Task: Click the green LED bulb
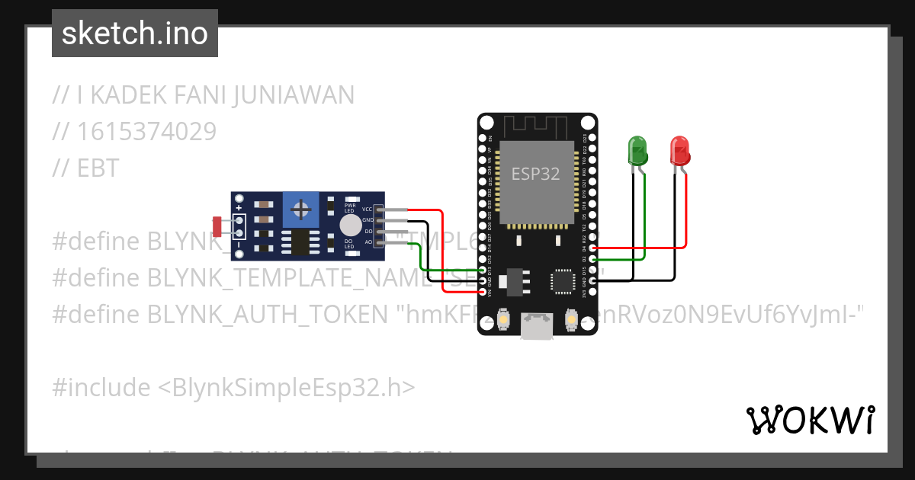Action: click(x=637, y=150)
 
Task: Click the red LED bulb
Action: click(x=680, y=150)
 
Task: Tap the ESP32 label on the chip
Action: click(x=535, y=174)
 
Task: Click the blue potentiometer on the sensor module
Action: click(x=302, y=209)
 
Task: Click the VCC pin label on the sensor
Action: click(x=367, y=209)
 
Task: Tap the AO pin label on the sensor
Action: click(x=368, y=242)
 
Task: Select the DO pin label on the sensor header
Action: click(x=368, y=231)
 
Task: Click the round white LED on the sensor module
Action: click(x=350, y=225)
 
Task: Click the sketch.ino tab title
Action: click(x=135, y=34)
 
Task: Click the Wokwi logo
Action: click(x=810, y=420)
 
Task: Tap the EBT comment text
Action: click(x=98, y=168)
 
